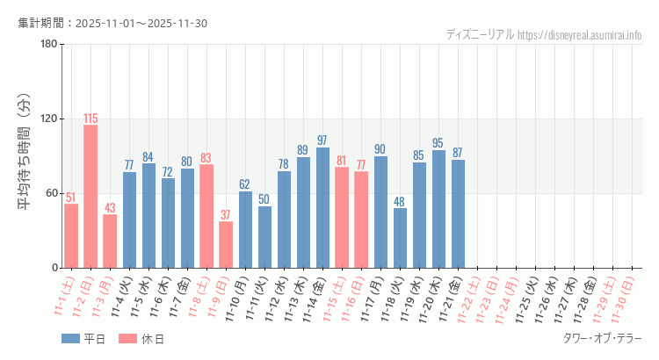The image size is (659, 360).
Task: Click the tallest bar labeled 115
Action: (91, 196)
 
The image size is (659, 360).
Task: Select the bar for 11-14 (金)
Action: (322, 207)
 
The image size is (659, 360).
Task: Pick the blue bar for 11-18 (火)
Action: (400, 237)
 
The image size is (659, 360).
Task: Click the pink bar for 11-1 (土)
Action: (71, 235)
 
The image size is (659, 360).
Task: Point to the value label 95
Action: (438, 142)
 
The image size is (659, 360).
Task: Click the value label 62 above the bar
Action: (245, 184)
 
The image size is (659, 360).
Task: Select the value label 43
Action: (110, 207)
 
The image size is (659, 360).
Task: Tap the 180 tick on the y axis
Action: (48, 45)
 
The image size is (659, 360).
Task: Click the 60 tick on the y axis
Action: (51, 193)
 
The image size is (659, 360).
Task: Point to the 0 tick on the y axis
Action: (54, 268)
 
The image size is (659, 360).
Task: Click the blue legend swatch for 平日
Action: (71, 338)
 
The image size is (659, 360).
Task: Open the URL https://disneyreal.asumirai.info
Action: (580, 35)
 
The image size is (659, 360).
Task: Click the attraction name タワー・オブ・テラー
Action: (602, 338)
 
